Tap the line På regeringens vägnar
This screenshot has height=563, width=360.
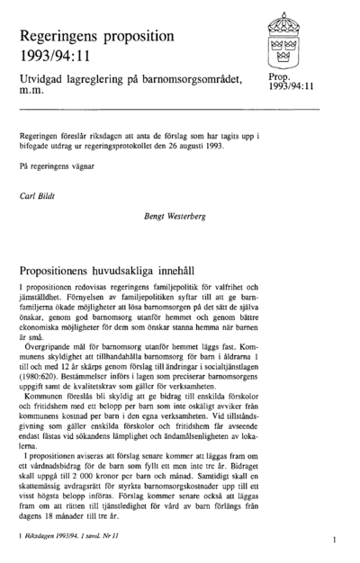tap(53, 166)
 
